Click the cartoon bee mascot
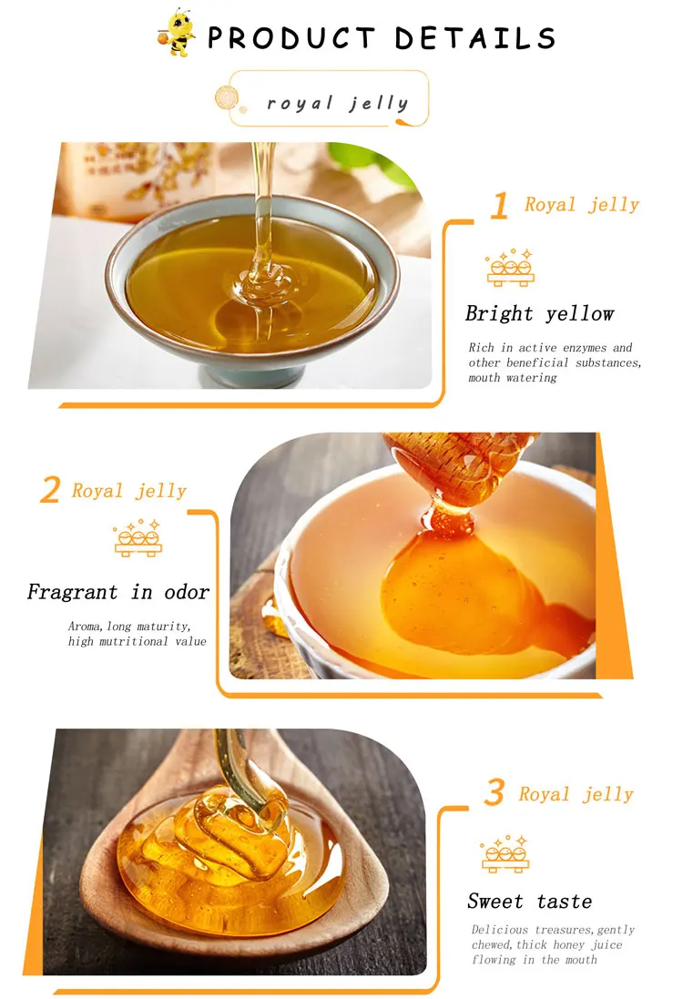click(x=176, y=33)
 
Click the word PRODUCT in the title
click(x=291, y=38)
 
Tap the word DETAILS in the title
click(x=475, y=38)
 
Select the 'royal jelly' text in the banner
click(x=338, y=103)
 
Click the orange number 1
click(x=500, y=205)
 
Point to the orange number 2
click(x=50, y=490)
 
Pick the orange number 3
click(x=494, y=792)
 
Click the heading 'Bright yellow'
click(x=540, y=313)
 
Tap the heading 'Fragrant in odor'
click(x=118, y=592)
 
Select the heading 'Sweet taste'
click(x=529, y=901)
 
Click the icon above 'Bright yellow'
click(x=510, y=268)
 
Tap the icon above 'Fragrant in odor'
click(x=138, y=538)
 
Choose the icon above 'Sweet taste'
click(x=505, y=853)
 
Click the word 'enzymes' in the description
click(x=585, y=348)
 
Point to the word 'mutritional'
click(x=133, y=642)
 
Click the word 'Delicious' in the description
click(x=500, y=930)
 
